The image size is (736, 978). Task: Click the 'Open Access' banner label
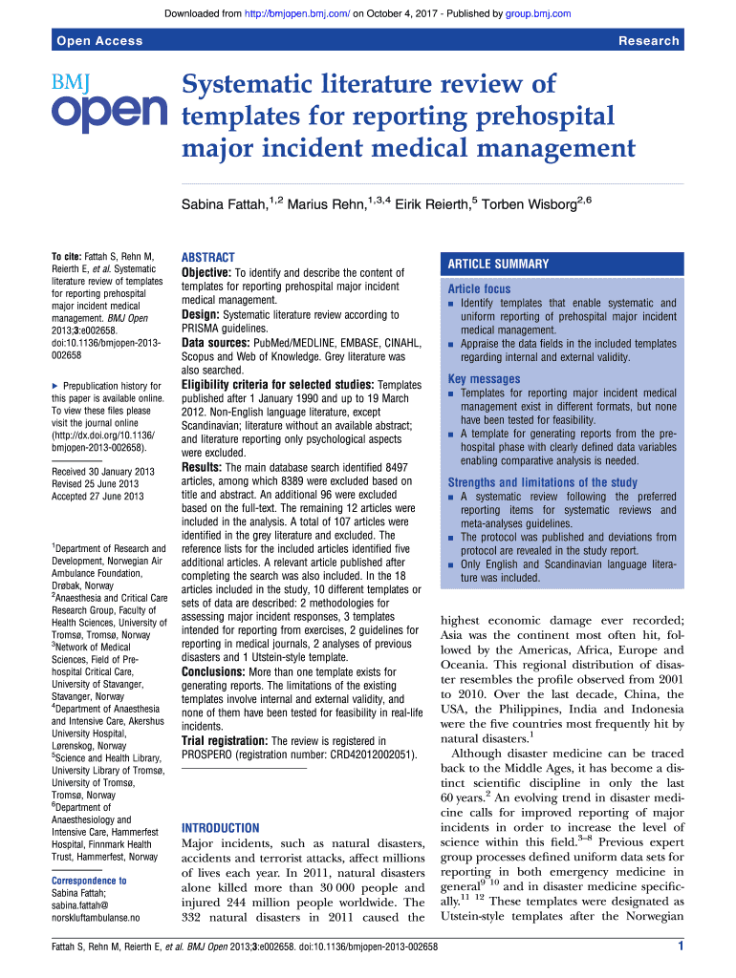pos(100,40)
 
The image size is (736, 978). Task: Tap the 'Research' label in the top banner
pos(649,40)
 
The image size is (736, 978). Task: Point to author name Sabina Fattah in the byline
pos(222,204)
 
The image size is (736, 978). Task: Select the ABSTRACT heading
pos(207,258)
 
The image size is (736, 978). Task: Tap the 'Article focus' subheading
pos(479,288)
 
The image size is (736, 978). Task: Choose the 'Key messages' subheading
pos(484,379)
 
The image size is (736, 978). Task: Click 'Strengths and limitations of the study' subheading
pos(542,482)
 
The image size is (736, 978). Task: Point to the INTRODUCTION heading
pos(220,828)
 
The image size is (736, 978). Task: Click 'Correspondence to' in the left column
pos(89,881)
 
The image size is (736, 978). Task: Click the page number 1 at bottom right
pos(679,946)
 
